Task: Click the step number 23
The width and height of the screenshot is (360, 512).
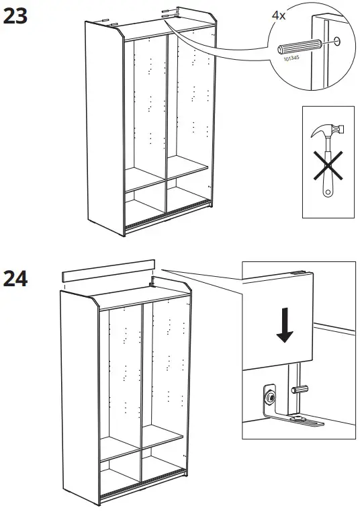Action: point(16,16)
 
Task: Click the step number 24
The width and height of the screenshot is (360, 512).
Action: point(16,278)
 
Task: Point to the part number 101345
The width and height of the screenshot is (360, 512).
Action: point(291,61)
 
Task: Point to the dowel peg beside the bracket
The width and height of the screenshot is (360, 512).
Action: point(300,388)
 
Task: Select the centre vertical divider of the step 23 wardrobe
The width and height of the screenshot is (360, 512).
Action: point(166,121)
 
